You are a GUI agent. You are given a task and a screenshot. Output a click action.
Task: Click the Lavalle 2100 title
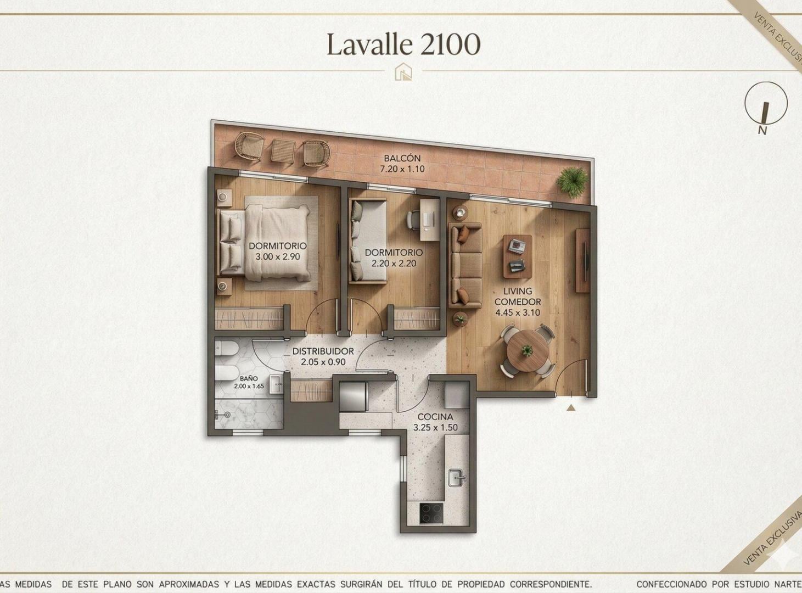(x=403, y=45)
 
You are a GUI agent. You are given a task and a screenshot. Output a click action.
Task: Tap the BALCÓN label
(x=402, y=158)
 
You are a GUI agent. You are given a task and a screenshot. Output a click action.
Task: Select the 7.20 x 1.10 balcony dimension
(x=402, y=169)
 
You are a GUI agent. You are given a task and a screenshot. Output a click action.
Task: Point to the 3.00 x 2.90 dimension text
(x=278, y=257)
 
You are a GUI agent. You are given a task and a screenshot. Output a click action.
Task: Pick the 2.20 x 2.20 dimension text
(x=394, y=263)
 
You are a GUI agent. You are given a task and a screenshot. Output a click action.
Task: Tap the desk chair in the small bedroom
(x=414, y=219)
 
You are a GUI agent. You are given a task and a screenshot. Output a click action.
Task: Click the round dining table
(x=527, y=350)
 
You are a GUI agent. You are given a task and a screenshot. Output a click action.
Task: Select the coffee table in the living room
(x=518, y=256)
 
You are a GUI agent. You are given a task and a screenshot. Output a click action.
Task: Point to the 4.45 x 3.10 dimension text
(x=518, y=312)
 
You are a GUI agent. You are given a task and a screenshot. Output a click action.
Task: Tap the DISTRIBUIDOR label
(x=323, y=351)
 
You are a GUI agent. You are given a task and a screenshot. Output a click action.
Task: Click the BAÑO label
(x=249, y=378)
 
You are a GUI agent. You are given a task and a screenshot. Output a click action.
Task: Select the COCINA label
(x=435, y=417)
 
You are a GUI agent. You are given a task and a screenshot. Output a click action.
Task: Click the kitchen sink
(x=457, y=478)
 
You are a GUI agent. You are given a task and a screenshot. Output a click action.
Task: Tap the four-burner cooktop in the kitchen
(x=431, y=513)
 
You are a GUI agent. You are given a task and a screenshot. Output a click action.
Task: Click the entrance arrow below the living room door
(x=571, y=408)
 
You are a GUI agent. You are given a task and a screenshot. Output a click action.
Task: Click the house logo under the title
(x=403, y=71)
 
